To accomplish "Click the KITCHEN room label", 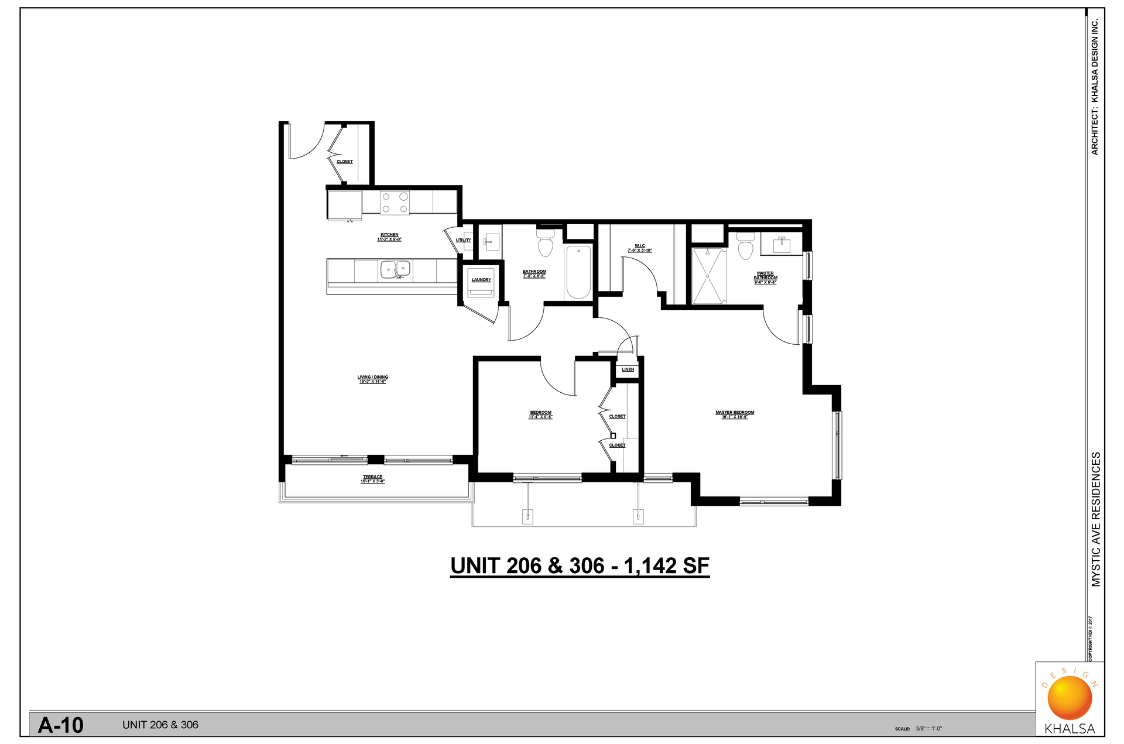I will [x=389, y=235].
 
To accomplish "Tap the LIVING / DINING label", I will [x=373, y=378].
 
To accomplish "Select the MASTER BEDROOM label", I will [x=735, y=413].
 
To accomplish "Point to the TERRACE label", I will [x=373, y=477].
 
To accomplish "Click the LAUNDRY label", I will [x=481, y=280].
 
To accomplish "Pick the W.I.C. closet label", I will [x=640, y=246].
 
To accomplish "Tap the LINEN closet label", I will [x=628, y=370].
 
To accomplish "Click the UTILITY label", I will [x=463, y=240].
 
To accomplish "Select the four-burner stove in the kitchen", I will [x=395, y=203].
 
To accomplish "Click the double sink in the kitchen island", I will [x=396, y=270].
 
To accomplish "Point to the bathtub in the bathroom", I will [x=578, y=272].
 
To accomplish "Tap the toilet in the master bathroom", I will [x=745, y=246].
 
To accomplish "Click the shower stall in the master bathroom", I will [x=709, y=276].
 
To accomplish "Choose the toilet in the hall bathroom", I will [x=546, y=244].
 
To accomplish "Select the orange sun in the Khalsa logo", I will [x=1070, y=698].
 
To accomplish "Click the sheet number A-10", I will [x=61, y=725].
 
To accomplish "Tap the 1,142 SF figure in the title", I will [x=666, y=566].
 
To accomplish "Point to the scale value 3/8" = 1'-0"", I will [x=929, y=729].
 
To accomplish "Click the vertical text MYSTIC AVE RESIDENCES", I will [x=1096, y=519].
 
